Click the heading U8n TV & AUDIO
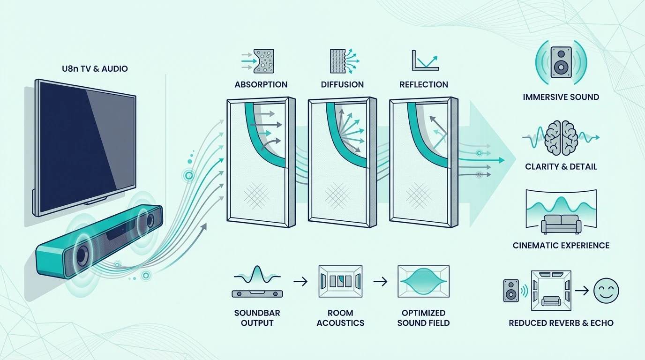pyautogui.click(x=95, y=69)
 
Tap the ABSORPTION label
pyautogui.click(x=261, y=84)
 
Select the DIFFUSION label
pyautogui.click(x=342, y=84)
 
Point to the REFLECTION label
pyautogui.click(x=424, y=84)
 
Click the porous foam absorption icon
pyautogui.click(x=264, y=61)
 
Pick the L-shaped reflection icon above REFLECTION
pyautogui.click(x=425, y=60)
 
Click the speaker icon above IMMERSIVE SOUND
pyautogui.click(x=561, y=62)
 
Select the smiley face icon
pyautogui.click(x=606, y=291)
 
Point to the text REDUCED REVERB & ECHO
pyautogui.click(x=561, y=323)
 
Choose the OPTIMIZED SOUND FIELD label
pyautogui.click(x=423, y=318)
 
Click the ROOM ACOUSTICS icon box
pyautogui.click(x=340, y=281)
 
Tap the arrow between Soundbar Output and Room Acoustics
pyautogui.click(x=300, y=281)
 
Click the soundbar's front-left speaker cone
pyautogui.click(x=82, y=255)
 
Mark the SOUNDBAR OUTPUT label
pyautogui.click(x=257, y=318)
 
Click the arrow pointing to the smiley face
pyautogui.click(x=582, y=291)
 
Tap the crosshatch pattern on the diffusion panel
pyautogui.click(x=338, y=196)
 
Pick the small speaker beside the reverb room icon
pyautogui.click(x=511, y=291)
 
